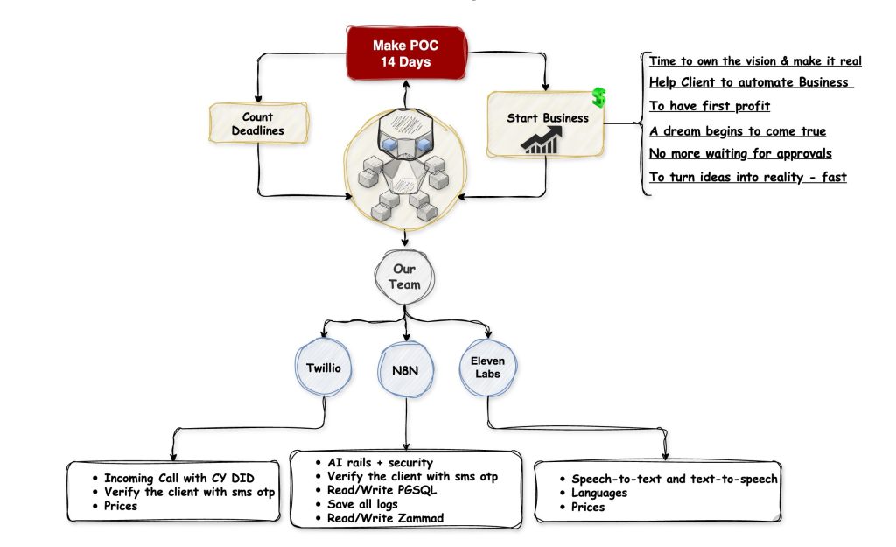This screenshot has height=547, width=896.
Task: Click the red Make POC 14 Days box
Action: click(404, 53)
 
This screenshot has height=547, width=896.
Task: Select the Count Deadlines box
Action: click(258, 123)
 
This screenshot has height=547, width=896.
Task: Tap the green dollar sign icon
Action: click(598, 96)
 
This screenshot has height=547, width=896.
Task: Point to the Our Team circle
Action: click(406, 277)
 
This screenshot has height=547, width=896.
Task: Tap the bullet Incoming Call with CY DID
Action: click(180, 478)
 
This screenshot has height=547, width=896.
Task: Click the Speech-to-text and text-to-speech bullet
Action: click(674, 479)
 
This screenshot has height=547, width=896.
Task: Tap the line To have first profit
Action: click(709, 107)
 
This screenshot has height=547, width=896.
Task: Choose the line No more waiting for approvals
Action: click(739, 154)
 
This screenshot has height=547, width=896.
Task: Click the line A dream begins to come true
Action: click(737, 131)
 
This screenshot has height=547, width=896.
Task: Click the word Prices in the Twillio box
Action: click(121, 506)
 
